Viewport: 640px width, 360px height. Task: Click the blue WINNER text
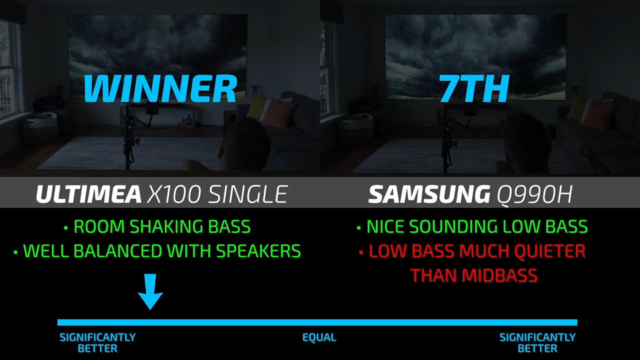coord(160,88)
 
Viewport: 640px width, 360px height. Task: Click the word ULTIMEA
coord(88,194)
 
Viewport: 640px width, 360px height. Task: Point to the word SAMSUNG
coord(429,194)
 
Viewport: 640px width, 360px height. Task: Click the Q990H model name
coord(534,194)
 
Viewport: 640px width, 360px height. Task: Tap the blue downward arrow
coord(150,291)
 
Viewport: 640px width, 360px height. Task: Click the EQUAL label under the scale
coord(319,337)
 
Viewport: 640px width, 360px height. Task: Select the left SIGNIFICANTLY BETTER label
coord(97,343)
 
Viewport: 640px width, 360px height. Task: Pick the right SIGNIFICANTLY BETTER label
coord(537,343)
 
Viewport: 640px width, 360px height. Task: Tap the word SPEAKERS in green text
coord(258,251)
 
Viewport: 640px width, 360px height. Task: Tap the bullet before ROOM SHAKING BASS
coord(66,227)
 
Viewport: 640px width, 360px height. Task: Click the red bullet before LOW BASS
coord(361,252)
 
